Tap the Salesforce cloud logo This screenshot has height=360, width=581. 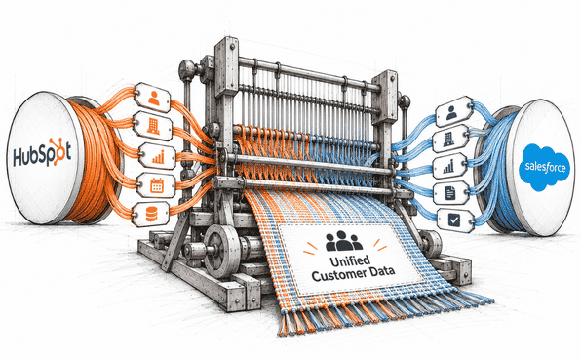point(544,167)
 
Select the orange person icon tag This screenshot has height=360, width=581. point(152,98)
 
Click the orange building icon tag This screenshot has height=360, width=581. point(153,126)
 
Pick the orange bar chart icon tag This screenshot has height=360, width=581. point(158,156)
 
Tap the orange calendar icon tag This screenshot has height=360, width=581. point(156,185)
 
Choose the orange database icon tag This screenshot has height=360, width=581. point(150,215)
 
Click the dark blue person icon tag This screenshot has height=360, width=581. point(453,111)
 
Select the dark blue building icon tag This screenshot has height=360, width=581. point(450,139)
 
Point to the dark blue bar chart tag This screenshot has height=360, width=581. point(449,166)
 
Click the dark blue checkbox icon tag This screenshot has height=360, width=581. point(455,220)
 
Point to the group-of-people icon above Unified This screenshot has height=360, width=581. point(343,241)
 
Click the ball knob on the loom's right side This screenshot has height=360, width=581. point(405,101)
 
